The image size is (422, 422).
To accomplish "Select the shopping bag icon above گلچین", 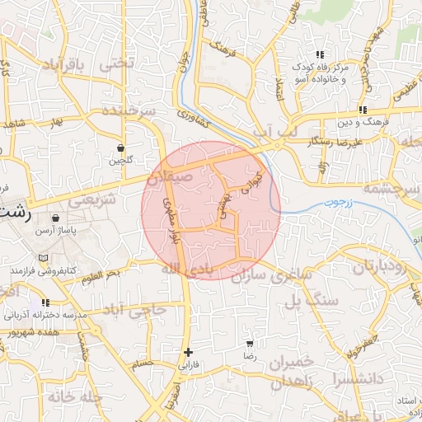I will [x=121, y=148].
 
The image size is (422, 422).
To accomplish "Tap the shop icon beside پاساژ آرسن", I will [x=55, y=219].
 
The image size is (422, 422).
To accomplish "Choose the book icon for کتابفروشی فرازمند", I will [x=43, y=258].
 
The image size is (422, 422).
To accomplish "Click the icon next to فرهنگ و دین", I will [x=363, y=110].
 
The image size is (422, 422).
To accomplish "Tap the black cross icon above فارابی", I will [x=189, y=352].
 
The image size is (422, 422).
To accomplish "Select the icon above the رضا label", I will [x=250, y=345].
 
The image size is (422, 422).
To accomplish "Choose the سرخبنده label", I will [x=130, y=111].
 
